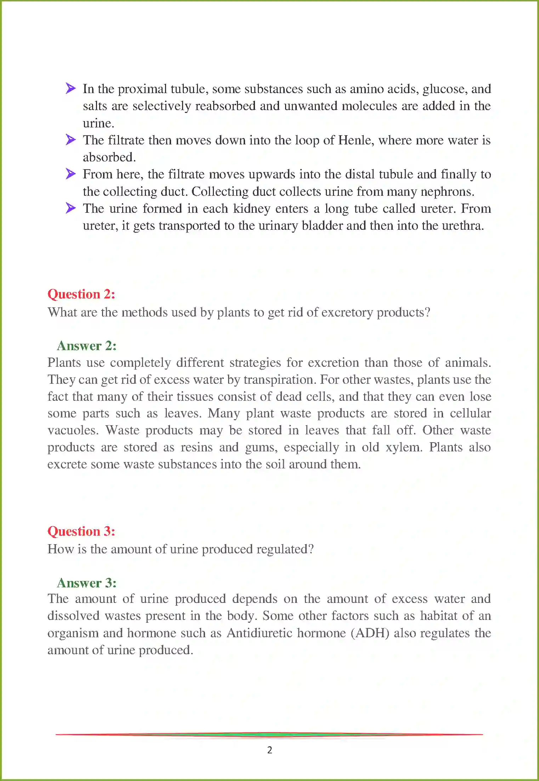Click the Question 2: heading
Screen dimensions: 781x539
point(81,294)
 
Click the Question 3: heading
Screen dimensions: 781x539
point(81,531)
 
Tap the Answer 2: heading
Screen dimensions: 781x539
point(86,346)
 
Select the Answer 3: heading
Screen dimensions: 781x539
point(86,583)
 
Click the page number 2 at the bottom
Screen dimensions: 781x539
point(269,750)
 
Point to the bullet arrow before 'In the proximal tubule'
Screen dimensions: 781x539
point(70,88)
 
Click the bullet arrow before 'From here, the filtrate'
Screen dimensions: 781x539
point(70,173)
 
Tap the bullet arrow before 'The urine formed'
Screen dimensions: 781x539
point(70,208)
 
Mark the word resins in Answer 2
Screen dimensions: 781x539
point(197,447)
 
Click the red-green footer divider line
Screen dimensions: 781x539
point(269,735)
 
